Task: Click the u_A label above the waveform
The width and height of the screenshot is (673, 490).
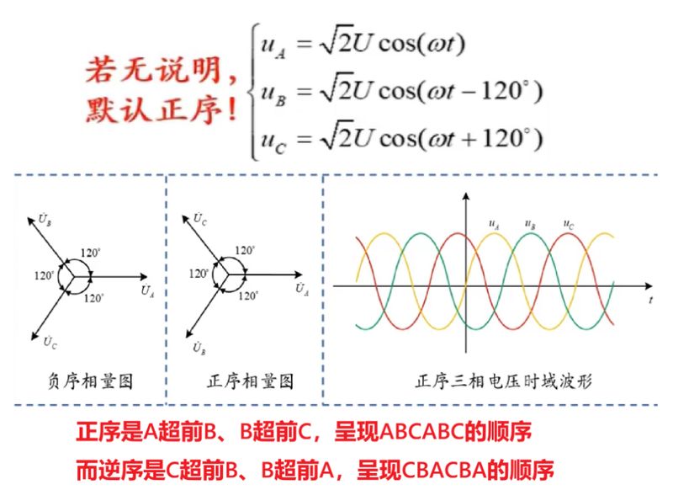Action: coord(494,224)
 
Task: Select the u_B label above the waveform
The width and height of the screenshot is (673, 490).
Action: coord(530,224)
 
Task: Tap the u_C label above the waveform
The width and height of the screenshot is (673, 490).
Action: coord(569,224)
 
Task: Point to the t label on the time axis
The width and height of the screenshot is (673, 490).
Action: coord(651,300)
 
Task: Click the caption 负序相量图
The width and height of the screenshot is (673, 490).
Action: coord(90,381)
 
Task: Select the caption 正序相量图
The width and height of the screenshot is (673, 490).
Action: coord(250,381)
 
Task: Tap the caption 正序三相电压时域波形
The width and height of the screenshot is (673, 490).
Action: coord(503,381)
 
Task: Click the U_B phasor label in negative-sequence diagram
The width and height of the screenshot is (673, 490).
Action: coord(45,219)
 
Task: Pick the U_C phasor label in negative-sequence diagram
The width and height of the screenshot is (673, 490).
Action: coord(50,342)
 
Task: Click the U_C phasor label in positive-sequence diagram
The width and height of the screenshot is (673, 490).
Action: coord(199,219)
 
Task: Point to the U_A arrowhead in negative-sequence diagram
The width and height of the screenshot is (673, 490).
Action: coord(144,277)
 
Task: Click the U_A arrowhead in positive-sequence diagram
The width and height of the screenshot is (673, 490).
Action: coord(299,274)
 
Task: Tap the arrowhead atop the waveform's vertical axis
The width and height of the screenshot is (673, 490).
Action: coord(466,196)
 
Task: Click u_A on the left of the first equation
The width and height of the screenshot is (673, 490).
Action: coord(273,46)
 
